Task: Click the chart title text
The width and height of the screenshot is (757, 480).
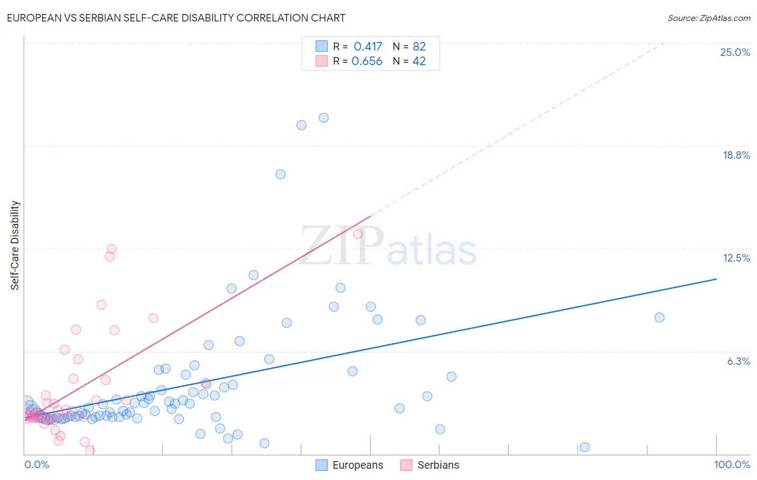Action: tap(176, 18)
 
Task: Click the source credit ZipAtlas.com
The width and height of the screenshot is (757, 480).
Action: tap(709, 18)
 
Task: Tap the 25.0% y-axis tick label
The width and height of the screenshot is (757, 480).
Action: tap(735, 52)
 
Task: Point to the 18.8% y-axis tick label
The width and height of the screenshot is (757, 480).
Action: tap(736, 155)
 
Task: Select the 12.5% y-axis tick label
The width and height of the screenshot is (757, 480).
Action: tap(736, 258)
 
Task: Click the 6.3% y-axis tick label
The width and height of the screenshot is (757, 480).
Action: tap(738, 361)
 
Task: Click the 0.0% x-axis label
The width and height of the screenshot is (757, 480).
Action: tap(37, 464)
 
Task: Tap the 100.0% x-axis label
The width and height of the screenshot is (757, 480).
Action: tap(732, 464)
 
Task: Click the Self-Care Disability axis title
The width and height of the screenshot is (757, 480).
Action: tap(15, 245)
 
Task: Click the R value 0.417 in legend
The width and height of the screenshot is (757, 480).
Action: tap(368, 46)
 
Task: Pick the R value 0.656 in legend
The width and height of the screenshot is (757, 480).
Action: tap(367, 61)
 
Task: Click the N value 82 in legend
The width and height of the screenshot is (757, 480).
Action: tap(419, 46)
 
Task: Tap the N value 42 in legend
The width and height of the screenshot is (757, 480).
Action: tap(419, 61)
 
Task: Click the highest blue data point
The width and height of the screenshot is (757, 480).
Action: tap(324, 118)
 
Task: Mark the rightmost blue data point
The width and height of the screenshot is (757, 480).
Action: tap(660, 317)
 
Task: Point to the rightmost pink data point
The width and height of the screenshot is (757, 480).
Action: tap(358, 234)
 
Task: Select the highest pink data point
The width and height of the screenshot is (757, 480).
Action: tap(111, 249)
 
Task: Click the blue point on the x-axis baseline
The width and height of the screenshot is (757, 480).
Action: tap(585, 447)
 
